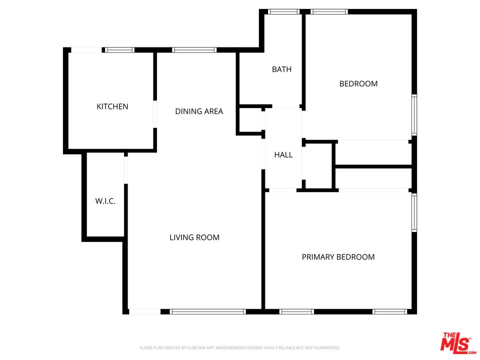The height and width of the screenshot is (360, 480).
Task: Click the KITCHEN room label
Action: click(x=112, y=106)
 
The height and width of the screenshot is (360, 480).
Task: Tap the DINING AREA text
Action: click(x=199, y=111)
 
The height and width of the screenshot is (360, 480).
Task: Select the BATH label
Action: click(x=281, y=69)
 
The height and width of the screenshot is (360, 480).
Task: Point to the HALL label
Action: click(x=283, y=155)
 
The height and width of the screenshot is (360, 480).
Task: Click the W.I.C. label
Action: click(x=105, y=201)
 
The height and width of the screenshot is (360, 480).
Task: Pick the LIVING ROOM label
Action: click(x=194, y=237)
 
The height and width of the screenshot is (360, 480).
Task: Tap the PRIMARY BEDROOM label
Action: click(x=338, y=257)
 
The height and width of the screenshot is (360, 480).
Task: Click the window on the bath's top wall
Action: click(x=283, y=11)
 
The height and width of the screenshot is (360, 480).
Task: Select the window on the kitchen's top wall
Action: click(x=119, y=50)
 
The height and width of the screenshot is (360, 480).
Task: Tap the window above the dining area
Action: click(x=194, y=50)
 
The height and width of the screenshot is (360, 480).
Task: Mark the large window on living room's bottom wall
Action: click(x=207, y=311)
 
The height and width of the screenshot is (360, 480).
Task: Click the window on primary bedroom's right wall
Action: click(x=414, y=213)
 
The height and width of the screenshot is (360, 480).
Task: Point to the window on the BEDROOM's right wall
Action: click(x=414, y=115)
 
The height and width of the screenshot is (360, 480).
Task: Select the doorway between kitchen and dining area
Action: click(x=155, y=114)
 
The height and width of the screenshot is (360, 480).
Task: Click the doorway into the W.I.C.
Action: click(x=125, y=169)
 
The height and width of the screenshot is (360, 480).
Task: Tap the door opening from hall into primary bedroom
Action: click(x=282, y=190)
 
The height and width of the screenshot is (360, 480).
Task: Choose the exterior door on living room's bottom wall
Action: click(x=144, y=311)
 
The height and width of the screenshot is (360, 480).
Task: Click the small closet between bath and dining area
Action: click(x=250, y=120)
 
